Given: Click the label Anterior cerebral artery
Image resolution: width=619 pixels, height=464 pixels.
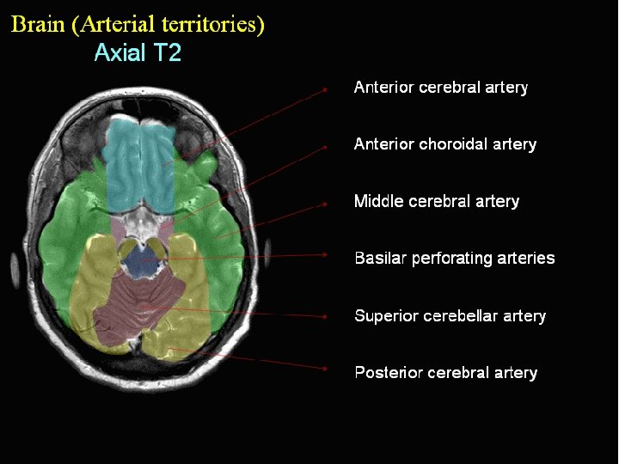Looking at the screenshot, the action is pos(440,88).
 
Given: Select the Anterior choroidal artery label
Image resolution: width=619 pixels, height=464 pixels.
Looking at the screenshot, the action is pos(444,144).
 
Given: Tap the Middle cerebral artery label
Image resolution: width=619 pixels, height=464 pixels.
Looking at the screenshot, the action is pos(437,202).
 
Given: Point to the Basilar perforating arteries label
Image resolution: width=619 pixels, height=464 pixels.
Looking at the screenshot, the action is pos(454,258).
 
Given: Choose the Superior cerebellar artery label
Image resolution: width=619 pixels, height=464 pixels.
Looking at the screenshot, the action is pos(450,316).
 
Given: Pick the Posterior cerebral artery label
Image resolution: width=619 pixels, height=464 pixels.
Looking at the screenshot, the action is pos(445,373).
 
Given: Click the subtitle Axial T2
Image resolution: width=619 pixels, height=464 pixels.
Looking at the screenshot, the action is pos(138,53).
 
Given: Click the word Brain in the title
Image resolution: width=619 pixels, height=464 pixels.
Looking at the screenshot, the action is pos(39,24).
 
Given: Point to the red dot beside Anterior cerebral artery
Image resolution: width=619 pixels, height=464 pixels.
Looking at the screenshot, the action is pos(326,88).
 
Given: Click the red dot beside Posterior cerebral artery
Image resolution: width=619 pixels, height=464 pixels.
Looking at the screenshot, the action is pos(326,369).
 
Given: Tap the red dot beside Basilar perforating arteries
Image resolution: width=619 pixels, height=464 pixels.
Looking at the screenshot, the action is pos(326,254).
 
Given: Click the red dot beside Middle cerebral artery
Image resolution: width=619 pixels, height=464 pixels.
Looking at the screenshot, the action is pos(326,204).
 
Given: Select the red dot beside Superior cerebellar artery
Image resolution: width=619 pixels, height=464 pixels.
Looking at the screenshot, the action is pos(326,316).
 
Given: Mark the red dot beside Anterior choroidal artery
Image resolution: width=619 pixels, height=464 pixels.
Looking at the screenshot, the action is pos(326,147).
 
